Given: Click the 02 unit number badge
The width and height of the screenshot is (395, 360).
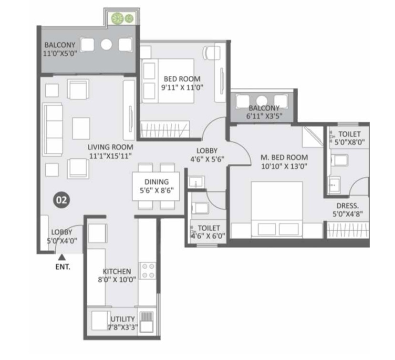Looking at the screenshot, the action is click(x=62, y=200).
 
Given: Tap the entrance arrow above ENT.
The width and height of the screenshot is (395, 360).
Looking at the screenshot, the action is click(x=62, y=257).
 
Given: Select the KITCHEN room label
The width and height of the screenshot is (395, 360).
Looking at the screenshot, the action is click(x=117, y=272).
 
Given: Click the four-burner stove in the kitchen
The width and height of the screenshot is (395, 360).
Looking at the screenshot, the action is click(x=148, y=271).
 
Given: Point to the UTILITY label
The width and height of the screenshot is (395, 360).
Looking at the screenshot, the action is click(x=123, y=319).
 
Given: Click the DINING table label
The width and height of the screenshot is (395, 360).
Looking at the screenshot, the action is click(x=156, y=182).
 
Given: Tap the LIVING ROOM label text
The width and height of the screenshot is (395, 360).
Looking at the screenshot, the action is click(x=110, y=147).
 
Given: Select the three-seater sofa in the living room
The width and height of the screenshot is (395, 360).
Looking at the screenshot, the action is click(x=53, y=129).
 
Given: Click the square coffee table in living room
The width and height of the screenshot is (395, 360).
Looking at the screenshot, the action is click(x=81, y=128).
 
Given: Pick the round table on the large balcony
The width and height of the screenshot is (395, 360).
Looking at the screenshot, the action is click(x=106, y=44).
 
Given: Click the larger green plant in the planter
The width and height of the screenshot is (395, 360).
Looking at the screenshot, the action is click(x=117, y=19).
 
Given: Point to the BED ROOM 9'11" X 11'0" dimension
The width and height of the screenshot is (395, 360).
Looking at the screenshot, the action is click(x=182, y=87).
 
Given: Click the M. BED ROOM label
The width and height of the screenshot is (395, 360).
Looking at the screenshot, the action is click(x=284, y=157).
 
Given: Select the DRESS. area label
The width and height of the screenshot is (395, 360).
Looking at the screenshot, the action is click(x=347, y=206).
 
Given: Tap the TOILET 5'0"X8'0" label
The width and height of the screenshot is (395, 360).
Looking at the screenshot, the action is click(x=349, y=138).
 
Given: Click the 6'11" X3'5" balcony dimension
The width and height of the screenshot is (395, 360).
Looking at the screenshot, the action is click(x=264, y=116).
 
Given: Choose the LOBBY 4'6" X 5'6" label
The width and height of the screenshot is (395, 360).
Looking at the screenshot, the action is click(x=207, y=155).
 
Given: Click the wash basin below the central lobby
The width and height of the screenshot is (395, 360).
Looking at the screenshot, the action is click(x=197, y=182).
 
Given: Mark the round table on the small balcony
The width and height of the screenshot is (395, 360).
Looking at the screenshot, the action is click(x=262, y=100).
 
